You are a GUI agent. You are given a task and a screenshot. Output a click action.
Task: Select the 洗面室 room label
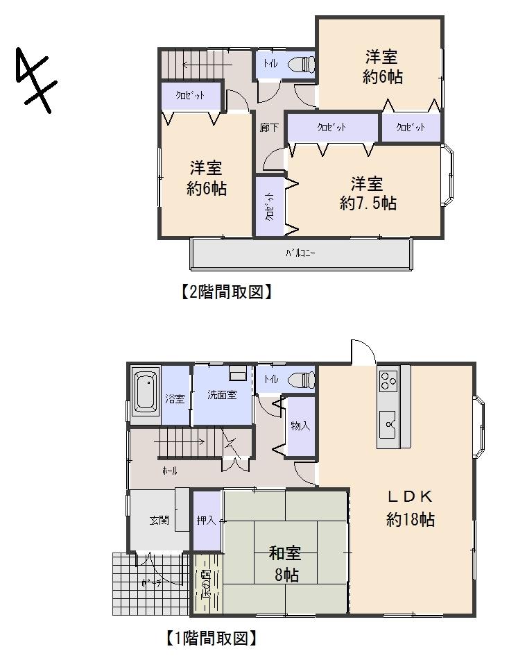pyautogui.click(x=222, y=395)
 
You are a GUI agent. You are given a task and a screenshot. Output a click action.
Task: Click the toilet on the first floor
pyautogui.click(x=302, y=380)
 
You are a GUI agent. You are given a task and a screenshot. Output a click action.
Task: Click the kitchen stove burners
pyautogui.click(x=387, y=380)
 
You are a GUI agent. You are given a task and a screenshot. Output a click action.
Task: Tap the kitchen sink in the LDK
pyautogui.click(x=387, y=421)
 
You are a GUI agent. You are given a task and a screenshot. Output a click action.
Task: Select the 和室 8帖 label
pyautogui.click(x=284, y=564)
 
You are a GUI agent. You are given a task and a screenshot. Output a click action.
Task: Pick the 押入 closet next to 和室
pyautogui.click(x=206, y=520)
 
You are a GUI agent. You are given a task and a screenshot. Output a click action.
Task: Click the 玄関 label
pyautogui.click(x=159, y=520)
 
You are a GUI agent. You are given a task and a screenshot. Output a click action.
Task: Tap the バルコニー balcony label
pyautogui.click(x=301, y=254)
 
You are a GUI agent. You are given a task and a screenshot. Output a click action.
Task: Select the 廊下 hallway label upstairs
pyautogui.click(x=268, y=128)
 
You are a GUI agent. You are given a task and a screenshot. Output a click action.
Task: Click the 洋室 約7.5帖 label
pyautogui.click(x=368, y=193)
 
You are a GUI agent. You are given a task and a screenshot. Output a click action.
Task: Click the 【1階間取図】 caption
pyautogui.click(x=206, y=637)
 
